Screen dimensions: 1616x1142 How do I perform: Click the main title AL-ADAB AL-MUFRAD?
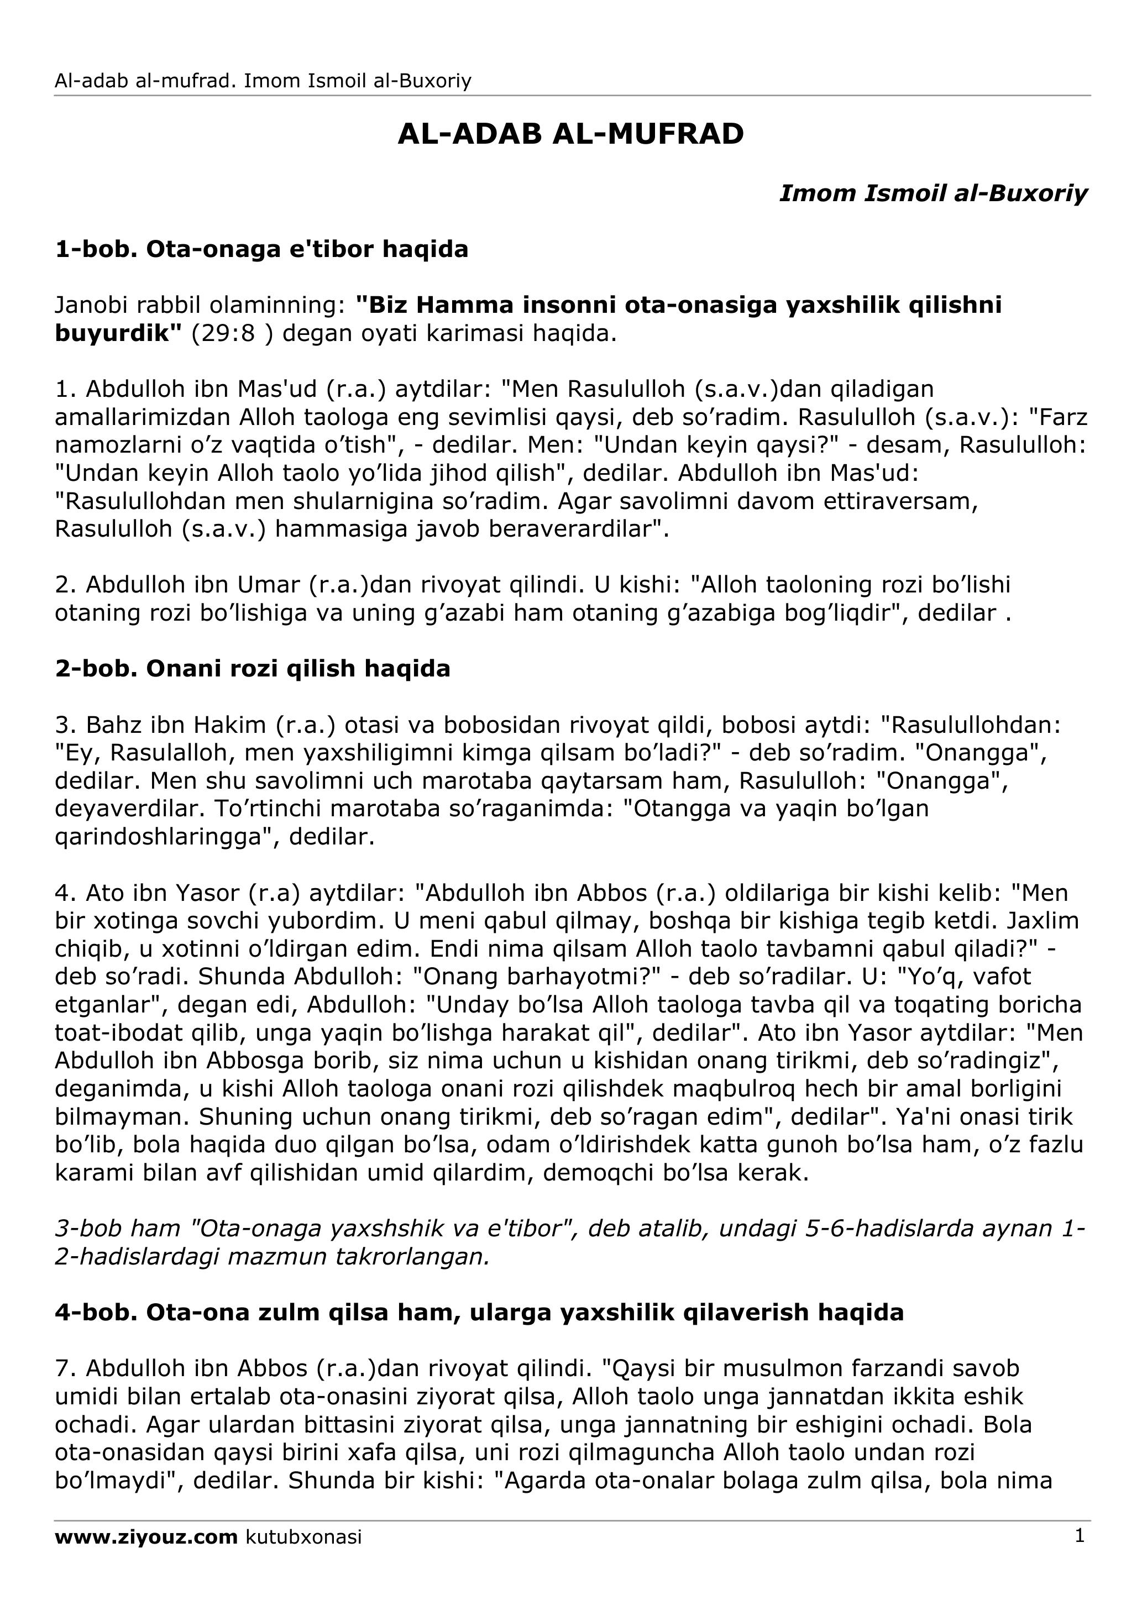(570, 134)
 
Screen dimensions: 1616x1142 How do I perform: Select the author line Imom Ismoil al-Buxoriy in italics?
(933, 193)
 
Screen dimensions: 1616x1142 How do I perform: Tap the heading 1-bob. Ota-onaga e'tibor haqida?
(261, 249)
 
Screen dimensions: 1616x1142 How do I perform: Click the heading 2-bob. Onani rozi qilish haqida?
(252, 668)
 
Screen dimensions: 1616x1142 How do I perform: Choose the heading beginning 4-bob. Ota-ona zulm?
(479, 1312)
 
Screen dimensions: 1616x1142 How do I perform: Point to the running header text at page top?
(263, 81)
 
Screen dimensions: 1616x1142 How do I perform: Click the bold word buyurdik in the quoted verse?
(114, 333)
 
